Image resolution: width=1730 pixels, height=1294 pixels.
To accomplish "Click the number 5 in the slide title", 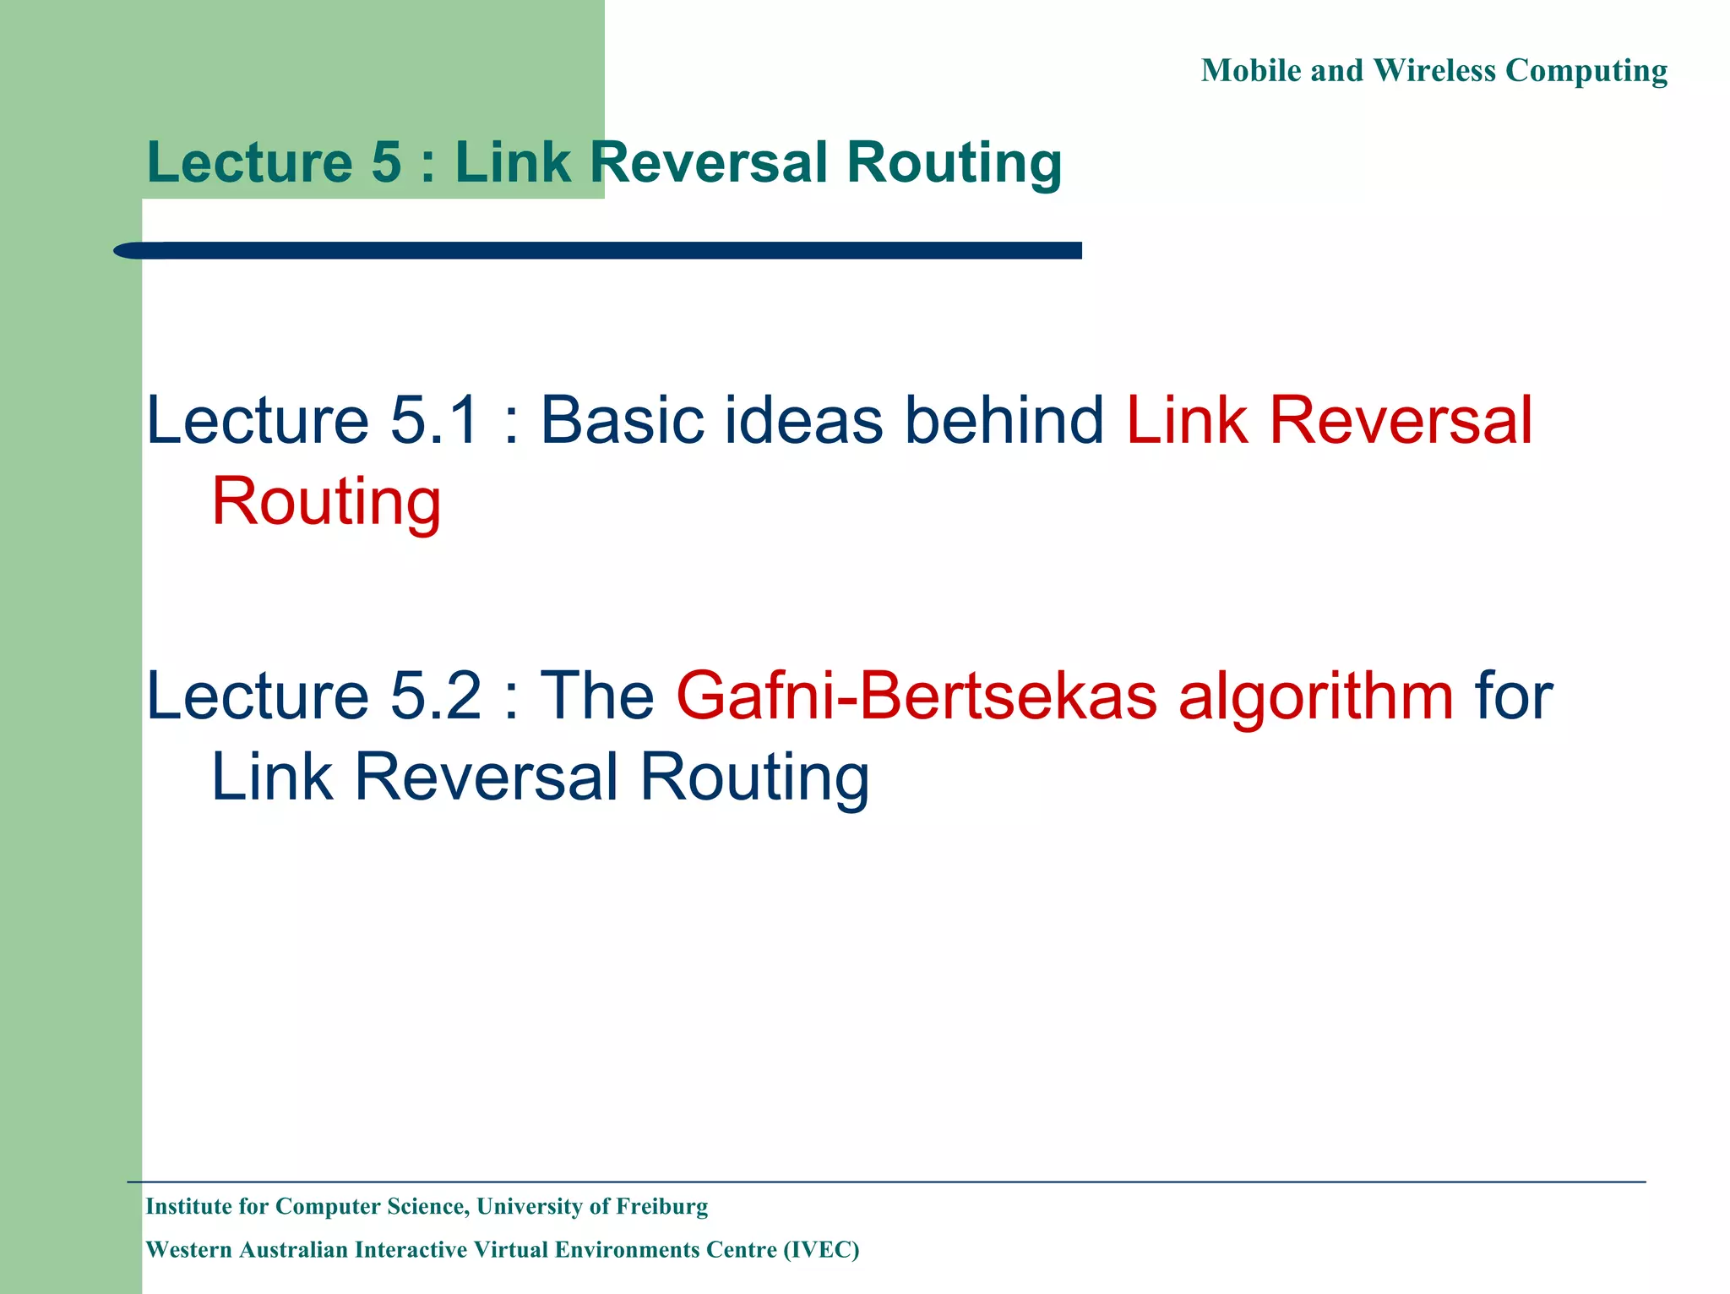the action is [386, 162].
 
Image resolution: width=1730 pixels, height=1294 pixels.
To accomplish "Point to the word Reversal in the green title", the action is [709, 162].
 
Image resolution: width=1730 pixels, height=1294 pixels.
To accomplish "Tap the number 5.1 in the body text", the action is [435, 420].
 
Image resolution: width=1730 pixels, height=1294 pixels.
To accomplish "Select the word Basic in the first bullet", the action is [622, 420].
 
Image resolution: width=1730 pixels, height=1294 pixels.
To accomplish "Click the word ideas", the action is [803, 420].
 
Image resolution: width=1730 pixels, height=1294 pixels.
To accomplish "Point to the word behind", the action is [1004, 420].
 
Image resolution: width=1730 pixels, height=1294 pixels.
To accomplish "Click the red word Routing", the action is [326, 501].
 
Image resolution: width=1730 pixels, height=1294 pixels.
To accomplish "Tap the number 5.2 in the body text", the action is [435, 696].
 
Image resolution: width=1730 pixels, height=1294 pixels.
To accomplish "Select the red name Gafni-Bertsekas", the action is [916, 696].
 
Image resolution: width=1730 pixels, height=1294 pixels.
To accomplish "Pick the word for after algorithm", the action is [1513, 696].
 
